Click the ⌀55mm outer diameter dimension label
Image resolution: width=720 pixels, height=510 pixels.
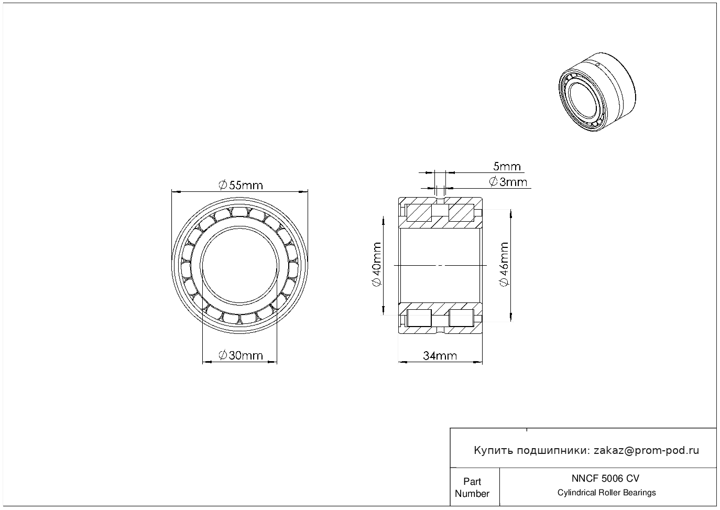click(x=241, y=185)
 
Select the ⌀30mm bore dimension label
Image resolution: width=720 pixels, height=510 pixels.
click(x=241, y=355)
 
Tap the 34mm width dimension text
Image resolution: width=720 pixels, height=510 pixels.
click(x=440, y=356)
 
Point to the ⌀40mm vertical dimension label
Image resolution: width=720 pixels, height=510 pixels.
click(x=376, y=264)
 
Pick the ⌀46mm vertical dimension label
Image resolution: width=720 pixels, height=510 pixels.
click(x=504, y=264)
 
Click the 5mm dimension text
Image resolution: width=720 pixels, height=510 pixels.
click(x=507, y=167)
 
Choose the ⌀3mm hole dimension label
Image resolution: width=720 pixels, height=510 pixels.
click(x=508, y=182)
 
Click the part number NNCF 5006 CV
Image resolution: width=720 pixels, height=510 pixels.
click(x=605, y=478)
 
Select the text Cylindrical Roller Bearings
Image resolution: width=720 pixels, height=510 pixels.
click(x=606, y=492)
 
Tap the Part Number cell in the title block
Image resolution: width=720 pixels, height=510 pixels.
click(x=472, y=487)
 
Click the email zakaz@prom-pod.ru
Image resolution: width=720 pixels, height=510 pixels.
click(x=646, y=450)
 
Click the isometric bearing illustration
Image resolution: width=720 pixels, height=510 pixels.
click(x=597, y=92)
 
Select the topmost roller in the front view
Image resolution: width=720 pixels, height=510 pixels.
click(x=239, y=212)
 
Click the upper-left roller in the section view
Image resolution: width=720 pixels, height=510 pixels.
click(x=419, y=213)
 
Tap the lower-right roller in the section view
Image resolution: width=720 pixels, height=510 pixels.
click(x=461, y=318)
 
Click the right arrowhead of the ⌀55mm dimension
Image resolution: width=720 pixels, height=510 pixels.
click(x=303, y=192)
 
